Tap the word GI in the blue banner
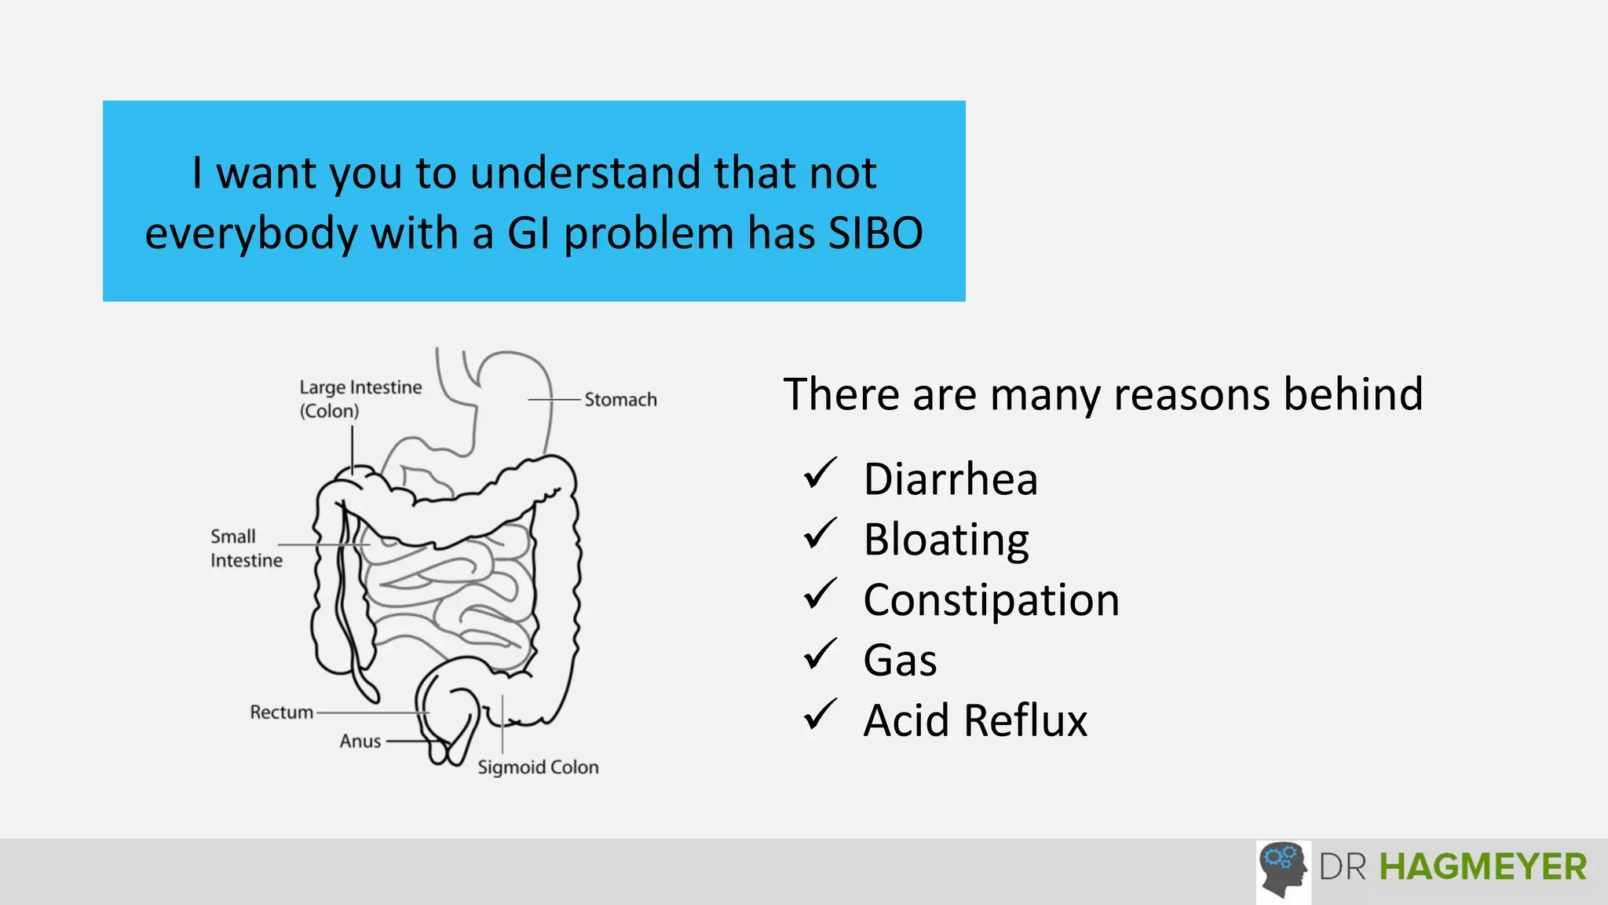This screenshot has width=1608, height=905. coord(528,233)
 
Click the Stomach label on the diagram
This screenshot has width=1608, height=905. coord(620,400)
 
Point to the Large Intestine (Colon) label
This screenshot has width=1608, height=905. coord(360,399)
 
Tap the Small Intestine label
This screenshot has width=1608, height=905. coord(246,548)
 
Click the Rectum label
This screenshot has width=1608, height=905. coord(281,713)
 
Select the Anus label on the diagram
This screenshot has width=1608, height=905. coord(360,742)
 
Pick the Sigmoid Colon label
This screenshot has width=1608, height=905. coord(538,768)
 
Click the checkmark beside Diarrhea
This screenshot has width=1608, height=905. coord(820,474)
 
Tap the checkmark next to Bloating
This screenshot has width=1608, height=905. coord(820,535)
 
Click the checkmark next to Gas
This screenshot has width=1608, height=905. coord(820,655)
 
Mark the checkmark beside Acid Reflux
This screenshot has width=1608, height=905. coord(820,716)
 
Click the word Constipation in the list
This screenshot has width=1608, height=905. coord(991,601)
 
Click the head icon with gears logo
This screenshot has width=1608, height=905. coord(1283,870)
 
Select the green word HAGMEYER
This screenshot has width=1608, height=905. coord(1482,867)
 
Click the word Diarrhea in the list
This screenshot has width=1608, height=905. coord(950,479)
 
